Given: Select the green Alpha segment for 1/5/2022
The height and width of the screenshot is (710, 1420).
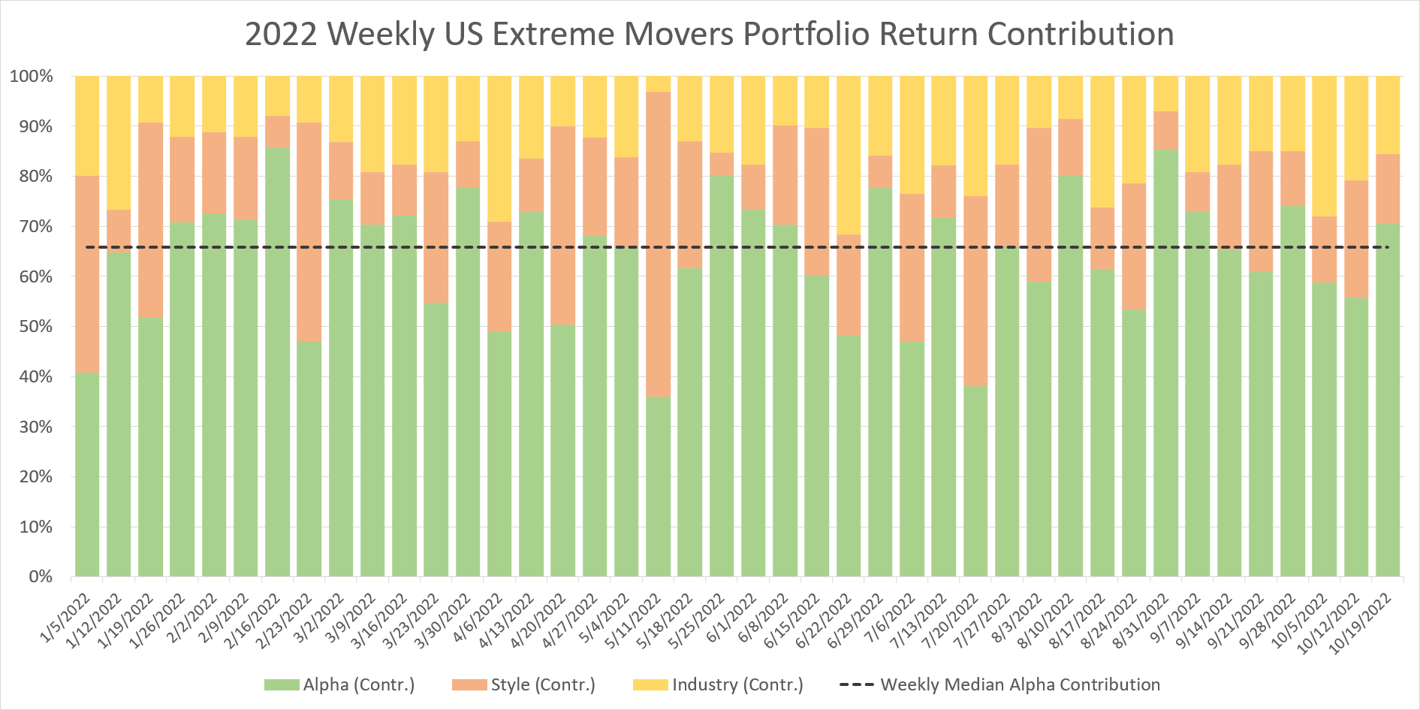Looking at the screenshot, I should (87, 473).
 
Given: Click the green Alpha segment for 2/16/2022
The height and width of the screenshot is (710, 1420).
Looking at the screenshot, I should (278, 361).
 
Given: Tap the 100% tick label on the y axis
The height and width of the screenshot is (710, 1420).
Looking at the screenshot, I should (32, 77).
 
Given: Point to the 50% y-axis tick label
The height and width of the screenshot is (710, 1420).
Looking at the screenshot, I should (35, 327).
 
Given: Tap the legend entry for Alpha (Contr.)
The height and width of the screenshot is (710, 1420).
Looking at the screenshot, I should (339, 685).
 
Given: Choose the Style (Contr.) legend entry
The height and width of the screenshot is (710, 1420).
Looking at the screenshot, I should (523, 685).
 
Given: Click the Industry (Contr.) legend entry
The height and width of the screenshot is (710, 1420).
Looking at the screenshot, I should (719, 685).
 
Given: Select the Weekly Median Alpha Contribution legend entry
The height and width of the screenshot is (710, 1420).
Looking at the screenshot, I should (999, 685).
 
